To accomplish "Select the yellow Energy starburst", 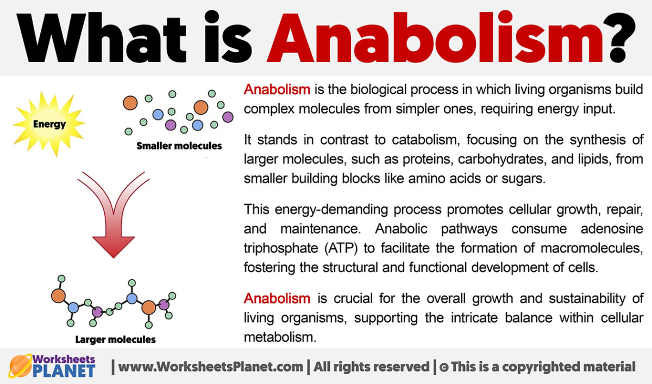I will tap(49, 124).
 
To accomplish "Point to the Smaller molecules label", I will tap(179, 146).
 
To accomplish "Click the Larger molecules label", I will tap(115, 339).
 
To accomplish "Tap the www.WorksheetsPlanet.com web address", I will tap(211, 367).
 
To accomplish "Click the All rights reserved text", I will tap(371, 367).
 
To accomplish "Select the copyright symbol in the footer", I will tap(444, 367).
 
